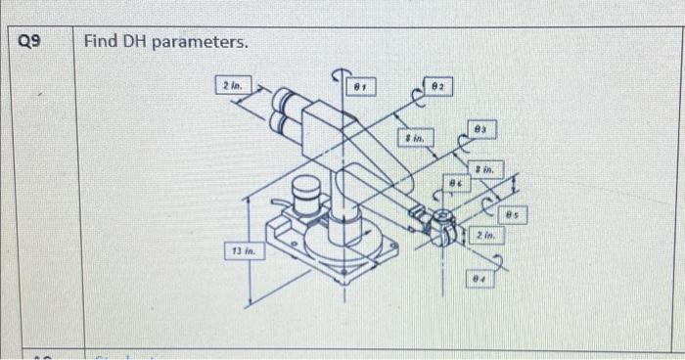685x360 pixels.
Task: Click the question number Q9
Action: pyautogui.click(x=32, y=42)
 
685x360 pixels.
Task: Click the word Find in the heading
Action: pyautogui.click(x=101, y=43)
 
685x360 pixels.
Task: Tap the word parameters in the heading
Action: pyautogui.click(x=203, y=44)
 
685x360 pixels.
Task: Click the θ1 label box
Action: pyautogui.click(x=366, y=87)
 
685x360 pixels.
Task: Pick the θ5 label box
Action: pyautogui.click(x=515, y=210)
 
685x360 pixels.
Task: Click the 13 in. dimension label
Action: pyautogui.click(x=244, y=251)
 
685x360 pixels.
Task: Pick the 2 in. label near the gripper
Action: pyautogui.click(x=486, y=236)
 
